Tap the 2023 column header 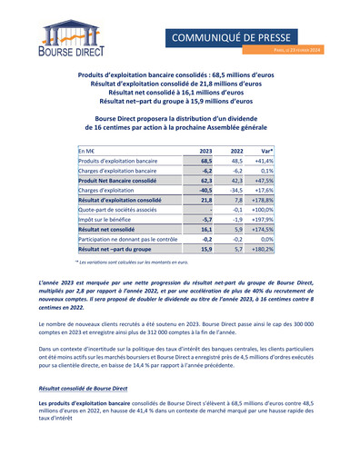point(205,151)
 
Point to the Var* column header point(279,151)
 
